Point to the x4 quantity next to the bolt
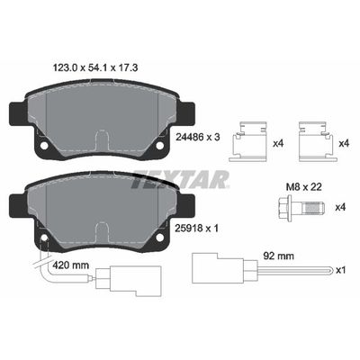(x=340, y=208)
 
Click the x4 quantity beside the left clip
(x=274, y=143)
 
